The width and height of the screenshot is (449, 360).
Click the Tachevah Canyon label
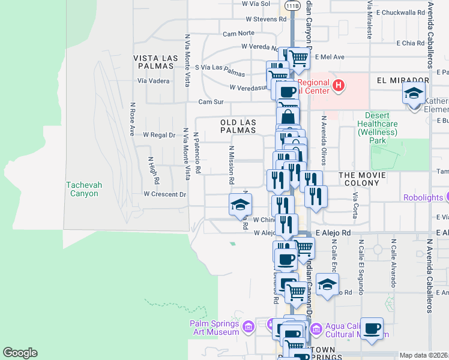coord(82,189)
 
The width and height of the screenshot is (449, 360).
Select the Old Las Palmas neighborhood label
coord(238,126)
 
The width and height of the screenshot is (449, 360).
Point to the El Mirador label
coord(397,80)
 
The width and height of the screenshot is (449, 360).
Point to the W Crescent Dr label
coord(165,194)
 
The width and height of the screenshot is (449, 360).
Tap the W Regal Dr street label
coord(159,135)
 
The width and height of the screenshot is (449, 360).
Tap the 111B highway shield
coord(292,5)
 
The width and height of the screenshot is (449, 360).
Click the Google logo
coord(20,353)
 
